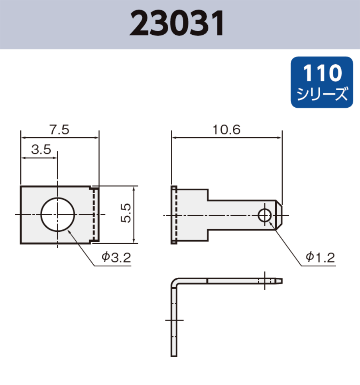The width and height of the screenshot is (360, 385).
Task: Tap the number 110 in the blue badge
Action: click(x=322, y=73)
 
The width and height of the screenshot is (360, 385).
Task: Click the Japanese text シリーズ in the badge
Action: click(x=322, y=94)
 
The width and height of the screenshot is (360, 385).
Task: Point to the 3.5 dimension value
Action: click(x=41, y=150)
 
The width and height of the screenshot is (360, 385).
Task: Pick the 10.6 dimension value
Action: click(x=226, y=130)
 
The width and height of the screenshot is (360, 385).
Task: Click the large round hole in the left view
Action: click(x=57, y=215)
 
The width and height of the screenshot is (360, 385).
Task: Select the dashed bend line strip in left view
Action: click(x=94, y=215)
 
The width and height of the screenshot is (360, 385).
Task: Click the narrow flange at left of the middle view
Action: click(x=174, y=215)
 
